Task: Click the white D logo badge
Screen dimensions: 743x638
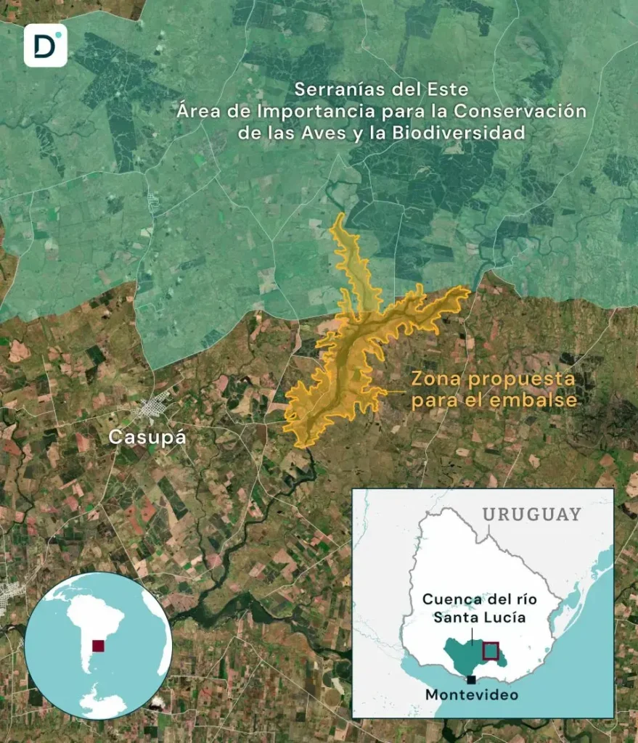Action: coord(45,45)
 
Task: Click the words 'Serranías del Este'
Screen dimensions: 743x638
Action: coord(381,90)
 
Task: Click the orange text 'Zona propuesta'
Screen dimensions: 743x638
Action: coord(493,379)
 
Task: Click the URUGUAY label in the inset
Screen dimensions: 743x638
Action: coord(532,514)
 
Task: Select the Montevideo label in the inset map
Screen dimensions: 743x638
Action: coord(472,694)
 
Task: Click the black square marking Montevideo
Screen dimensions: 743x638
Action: coord(473,679)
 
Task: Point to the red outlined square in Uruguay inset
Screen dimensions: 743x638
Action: coord(491,650)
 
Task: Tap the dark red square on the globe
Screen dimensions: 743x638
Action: coord(98,645)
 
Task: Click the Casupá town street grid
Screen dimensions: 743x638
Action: coord(155,408)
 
